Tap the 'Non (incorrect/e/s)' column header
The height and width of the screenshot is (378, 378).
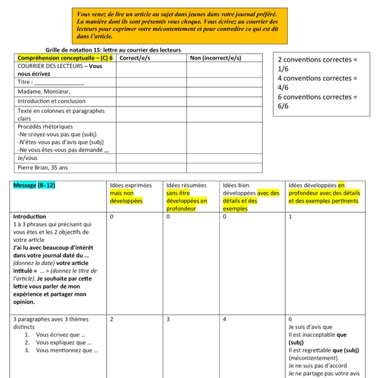pos(215,58)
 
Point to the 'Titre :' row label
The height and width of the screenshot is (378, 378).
pos(50,82)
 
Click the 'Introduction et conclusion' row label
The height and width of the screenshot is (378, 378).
pos(52,101)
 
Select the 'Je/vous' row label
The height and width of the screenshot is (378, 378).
pos(28,158)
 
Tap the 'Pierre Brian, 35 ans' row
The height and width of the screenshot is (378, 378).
pos(43,168)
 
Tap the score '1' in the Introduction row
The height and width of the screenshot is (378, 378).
pos(290,216)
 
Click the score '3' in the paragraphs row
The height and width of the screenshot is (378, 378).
pos(168,319)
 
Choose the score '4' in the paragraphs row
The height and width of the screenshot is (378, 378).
pos(224,319)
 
